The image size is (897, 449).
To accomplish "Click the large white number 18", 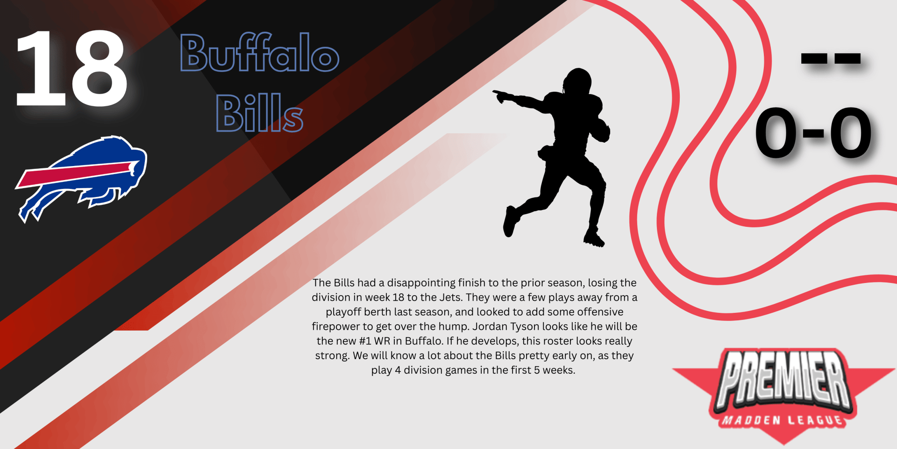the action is pyautogui.click(x=71, y=69).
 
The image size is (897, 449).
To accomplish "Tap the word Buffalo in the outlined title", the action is pyautogui.click(x=260, y=52).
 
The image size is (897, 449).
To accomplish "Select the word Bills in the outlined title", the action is pyautogui.click(x=260, y=113).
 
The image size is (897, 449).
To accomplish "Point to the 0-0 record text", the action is pyautogui.click(x=813, y=133).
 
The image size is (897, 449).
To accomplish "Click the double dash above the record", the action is pyautogui.click(x=831, y=58).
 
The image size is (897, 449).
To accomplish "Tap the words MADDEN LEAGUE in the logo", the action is pyautogui.click(x=783, y=420).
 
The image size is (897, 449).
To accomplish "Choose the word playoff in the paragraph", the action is pyautogui.click(x=343, y=312).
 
